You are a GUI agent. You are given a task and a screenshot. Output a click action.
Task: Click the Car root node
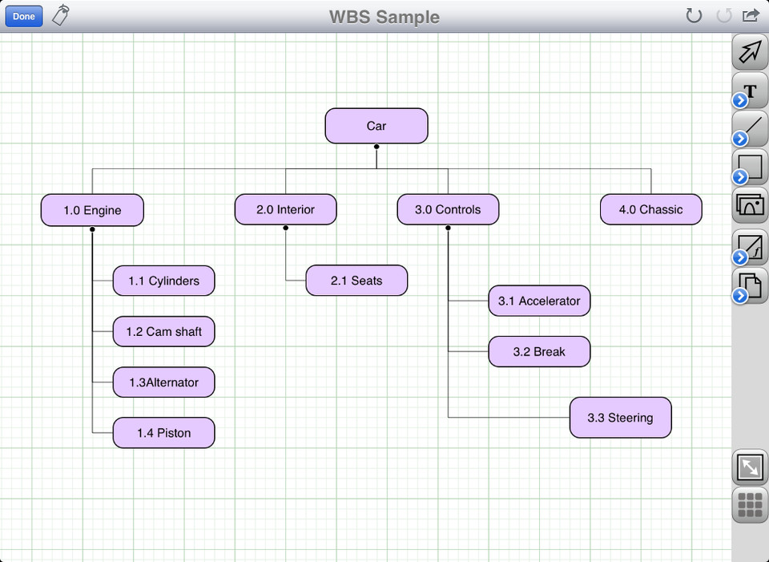point(376,126)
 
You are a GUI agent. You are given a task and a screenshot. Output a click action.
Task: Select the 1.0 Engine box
point(92,210)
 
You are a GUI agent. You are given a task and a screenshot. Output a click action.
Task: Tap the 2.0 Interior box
point(285,209)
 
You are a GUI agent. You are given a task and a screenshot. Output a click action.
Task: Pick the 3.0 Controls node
point(448,209)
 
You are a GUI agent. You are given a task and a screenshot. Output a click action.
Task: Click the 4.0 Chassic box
point(650,209)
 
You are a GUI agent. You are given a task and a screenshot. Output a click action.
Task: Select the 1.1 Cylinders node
point(163,281)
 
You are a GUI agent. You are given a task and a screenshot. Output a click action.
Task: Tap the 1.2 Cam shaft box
point(163,331)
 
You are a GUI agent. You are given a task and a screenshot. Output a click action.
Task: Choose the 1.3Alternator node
point(163,382)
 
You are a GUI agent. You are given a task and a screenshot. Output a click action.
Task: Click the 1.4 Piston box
point(163,433)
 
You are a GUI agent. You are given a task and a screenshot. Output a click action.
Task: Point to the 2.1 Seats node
point(356,281)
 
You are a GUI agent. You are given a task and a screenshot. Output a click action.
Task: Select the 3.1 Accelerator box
point(539,301)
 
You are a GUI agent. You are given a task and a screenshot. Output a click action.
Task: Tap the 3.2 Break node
point(539,351)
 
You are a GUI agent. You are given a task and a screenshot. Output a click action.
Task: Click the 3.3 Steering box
point(620,418)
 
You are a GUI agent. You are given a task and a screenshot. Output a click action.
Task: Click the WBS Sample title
point(384,17)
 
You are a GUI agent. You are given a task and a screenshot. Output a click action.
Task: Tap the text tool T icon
point(751,91)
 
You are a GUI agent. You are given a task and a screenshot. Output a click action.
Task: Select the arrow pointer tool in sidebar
point(751,52)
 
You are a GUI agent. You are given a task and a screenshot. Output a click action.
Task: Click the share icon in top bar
point(751,15)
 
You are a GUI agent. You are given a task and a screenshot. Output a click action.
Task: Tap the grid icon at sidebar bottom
point(750,505)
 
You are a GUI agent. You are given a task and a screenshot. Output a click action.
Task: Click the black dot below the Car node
point(376,147)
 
